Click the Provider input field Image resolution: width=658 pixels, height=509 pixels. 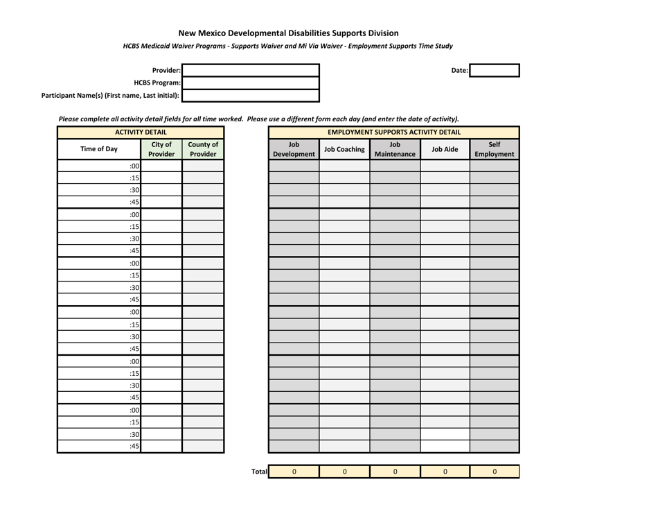(x=251, y=70)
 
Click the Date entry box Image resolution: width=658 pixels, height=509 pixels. (x=495, y=70)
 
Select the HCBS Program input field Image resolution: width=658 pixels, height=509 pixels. (x=251, y=83)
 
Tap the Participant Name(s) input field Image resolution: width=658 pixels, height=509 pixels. (x=251, y=95)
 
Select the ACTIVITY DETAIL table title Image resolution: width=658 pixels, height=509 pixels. (x=141, y=132)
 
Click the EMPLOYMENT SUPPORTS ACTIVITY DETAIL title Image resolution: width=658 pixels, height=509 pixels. (x=393, y=132)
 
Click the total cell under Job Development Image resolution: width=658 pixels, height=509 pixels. (x=294, y=472)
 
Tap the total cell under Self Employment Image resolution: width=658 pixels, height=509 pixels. (x=495, y=472)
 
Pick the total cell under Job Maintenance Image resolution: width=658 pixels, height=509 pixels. (x=394, y=472)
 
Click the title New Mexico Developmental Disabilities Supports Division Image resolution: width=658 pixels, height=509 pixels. (x=288, y=33)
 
